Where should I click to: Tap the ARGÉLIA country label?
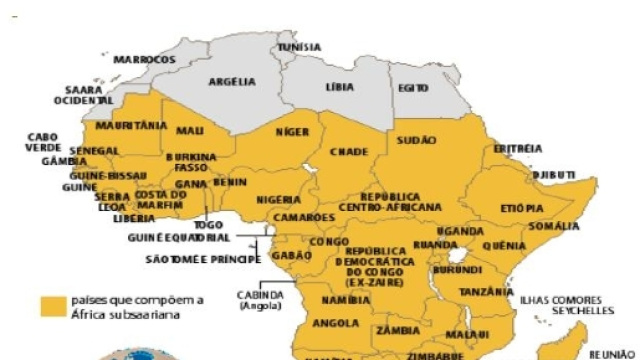pyautogui.click(x=232, y=82)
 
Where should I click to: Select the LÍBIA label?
pyautogui.click(x=340, y=88)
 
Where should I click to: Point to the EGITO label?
pyautogui.click(x=412, y=88)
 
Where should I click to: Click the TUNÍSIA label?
pyautogui.click(x=299, y=47)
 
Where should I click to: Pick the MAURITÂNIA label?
pyautogui.click(x=131, y=126)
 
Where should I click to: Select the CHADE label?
pyautogui.click(x=349, y=152)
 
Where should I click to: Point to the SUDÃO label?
pyautogui.click(x=418, y=142)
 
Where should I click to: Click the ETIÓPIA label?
pyautogui.click(x=522, y=208)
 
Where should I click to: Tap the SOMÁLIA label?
pyautogui.click(x=554, y=227)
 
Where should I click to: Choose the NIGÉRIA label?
pyautogui.click(x=278, y=200)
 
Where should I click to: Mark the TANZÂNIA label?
pyautogui.click(x=487, y=292)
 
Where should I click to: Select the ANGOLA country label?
pyautogui.click(x=336, y=323)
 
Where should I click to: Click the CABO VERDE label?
pyautogui.click(x=42, y=141)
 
